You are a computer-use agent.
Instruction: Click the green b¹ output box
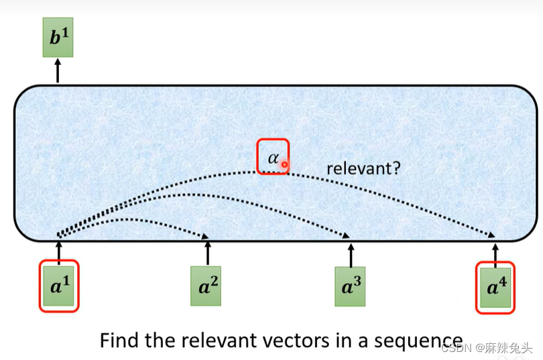coord(58,38)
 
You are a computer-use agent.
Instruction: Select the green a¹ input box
coord(59,286)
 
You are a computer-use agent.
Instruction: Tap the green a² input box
coord(206,286)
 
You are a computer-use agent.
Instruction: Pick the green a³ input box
coord(350,286)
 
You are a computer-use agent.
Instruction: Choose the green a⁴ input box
coord(495,288)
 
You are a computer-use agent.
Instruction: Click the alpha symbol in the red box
coord(274,158)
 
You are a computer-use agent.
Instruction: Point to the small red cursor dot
coord(284,164)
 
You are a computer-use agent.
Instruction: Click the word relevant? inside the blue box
coord(363,168)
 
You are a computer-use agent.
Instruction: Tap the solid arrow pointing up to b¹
coord(58,70)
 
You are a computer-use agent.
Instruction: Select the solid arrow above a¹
coord(59,253)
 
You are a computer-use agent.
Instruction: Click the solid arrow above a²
coord(208,253)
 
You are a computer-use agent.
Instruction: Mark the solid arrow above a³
coord(351,255)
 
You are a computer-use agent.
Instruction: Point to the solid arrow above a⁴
coord(495,255)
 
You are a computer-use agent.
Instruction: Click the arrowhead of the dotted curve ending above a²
coord(205,236)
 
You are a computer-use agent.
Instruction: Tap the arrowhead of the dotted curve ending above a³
coord(346,235)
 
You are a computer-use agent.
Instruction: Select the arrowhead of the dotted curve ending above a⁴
coord(491,235)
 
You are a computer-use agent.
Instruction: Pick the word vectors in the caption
coord(296,341)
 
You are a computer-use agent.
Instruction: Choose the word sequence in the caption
coord(418,342)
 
